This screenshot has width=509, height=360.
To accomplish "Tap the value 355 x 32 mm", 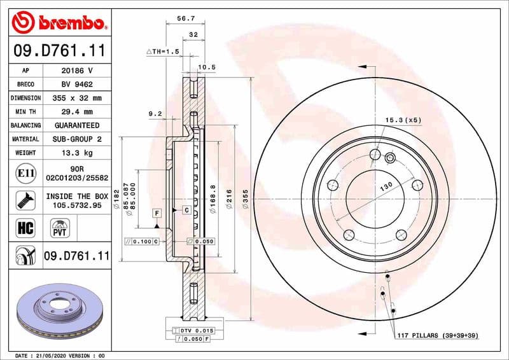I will [76, 98].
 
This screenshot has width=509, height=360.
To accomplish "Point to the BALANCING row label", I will [26, 125].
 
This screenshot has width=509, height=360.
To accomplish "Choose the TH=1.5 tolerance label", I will [164, 51].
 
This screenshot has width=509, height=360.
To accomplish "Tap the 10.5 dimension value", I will [207, 67].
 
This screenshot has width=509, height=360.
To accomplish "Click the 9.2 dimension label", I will [156, 113].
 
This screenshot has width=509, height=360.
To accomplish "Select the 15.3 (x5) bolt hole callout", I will [403, 120].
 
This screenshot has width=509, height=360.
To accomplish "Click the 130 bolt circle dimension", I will [385, 188].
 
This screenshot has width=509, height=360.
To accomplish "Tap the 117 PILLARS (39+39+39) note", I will [437, 335].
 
